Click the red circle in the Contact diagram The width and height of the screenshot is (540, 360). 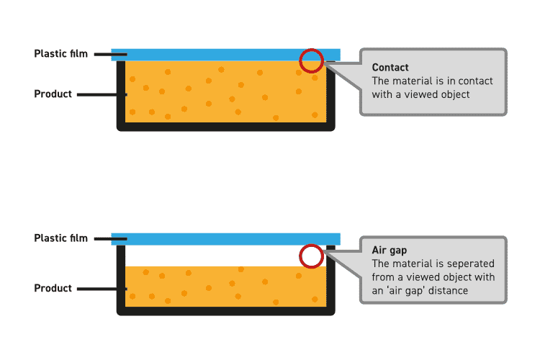click(x=311, y=60)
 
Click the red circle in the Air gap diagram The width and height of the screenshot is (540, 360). click(x=311, y=256)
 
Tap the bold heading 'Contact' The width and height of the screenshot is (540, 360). click(x=390, y=68)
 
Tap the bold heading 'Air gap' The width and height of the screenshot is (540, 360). click(x=390, y=251)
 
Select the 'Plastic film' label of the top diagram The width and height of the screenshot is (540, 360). click(x=61, y=54)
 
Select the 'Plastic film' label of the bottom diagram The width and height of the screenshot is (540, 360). click(x=61, y=238)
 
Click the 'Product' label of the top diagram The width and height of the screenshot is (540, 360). click(x=53, y=94)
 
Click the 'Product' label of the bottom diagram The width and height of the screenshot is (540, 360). click(x=53, y=289)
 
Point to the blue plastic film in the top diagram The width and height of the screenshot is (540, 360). click(x=216, y=55)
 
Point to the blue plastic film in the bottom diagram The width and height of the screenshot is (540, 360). click(x=216, y=239)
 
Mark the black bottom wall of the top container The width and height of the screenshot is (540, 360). click(x=225, y=127)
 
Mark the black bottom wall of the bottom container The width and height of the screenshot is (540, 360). click(x=225, y=311)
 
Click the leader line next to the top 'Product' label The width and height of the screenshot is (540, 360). click(x=101, y=94)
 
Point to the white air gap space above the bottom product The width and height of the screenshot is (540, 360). click(x=216, y=256)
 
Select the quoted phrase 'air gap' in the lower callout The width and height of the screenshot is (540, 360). click(x=407, y=291)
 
